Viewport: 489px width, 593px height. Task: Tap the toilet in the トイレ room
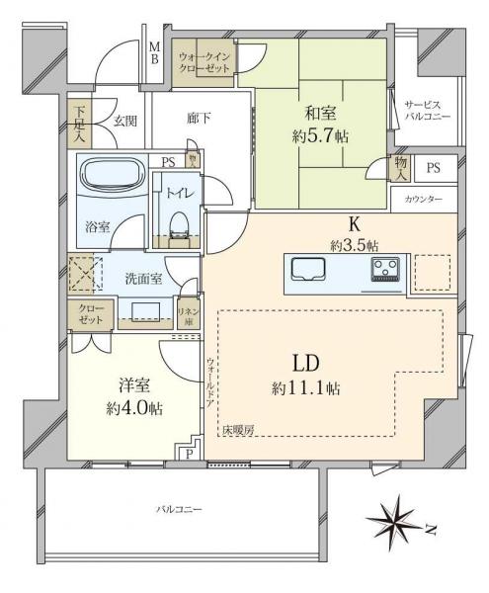coord(178,222)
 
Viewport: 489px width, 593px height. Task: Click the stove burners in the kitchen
coord(386,268)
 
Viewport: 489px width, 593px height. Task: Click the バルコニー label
coord(179,509)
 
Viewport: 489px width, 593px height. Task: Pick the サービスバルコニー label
coord(428,110)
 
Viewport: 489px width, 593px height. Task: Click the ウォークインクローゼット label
coord(204,62)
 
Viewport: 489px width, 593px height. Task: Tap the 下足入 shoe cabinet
coord(81,123)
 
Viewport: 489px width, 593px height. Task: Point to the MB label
coord(154,51)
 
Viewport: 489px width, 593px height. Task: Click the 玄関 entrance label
coord(124,121)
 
